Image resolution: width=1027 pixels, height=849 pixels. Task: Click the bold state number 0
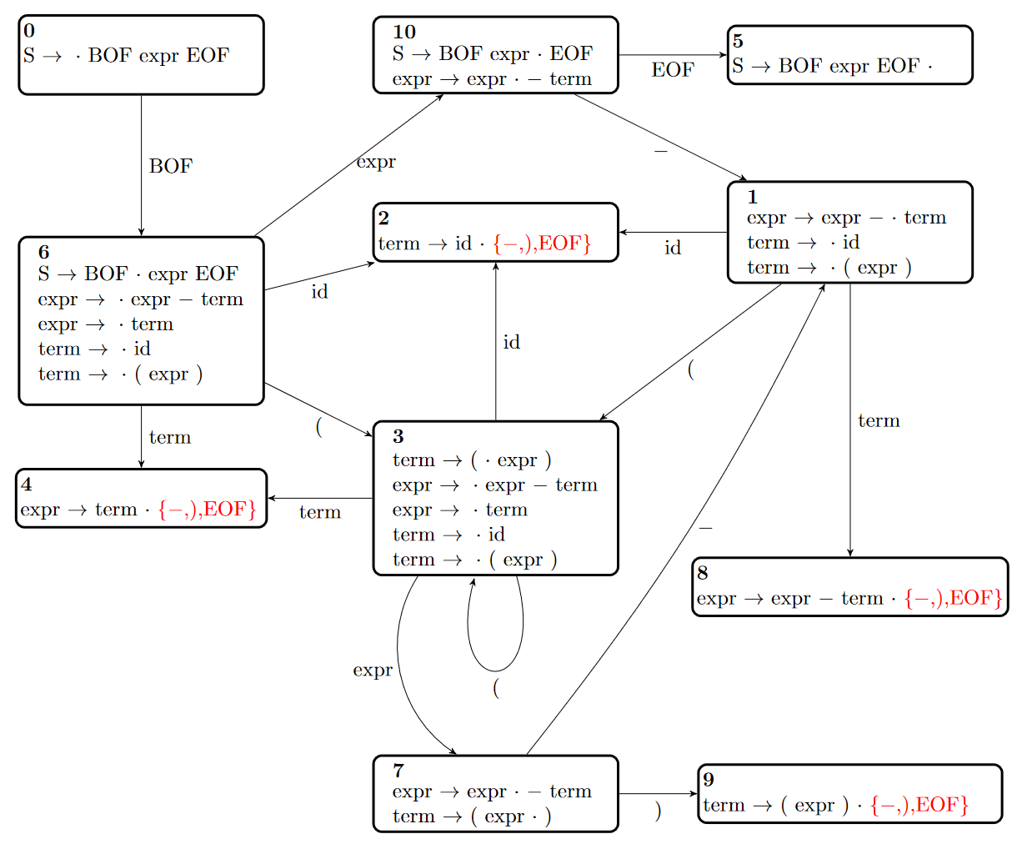(x=29, y=31)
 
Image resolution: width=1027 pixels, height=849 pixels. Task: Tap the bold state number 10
(x=404, y=33)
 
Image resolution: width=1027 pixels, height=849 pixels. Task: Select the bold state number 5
(x=738, y=41)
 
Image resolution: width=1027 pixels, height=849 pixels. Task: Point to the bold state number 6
(x=44, y=252)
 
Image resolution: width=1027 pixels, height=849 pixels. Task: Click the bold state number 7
(x=398, y=771)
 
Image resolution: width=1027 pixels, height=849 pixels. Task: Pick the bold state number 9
(x=709, y=779)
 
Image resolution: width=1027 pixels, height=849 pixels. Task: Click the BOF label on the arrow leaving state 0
(x=171, y=166)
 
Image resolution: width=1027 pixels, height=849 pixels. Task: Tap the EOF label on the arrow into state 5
(x=673, y=69)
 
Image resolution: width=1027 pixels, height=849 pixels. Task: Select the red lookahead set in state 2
(x=542, y=244)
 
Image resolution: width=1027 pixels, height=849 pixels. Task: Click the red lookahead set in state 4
(x=207, y=509)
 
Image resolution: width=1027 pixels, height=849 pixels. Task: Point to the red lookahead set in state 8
(x=954, y=598)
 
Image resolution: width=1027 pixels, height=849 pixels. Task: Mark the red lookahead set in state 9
(x=919, y=805)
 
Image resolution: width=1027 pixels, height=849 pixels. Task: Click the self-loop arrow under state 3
(x=495, y=671)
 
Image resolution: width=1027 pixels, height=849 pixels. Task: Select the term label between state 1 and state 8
(x=879, y=421)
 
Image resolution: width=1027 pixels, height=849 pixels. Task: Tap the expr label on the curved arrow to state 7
(x=373, y=671)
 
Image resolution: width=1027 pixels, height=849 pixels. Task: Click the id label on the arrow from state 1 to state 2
(x=673, y=248)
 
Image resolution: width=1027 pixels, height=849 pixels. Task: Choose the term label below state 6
(x=170, y=437)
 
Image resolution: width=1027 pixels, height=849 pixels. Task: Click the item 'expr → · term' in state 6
(x=106, y=324)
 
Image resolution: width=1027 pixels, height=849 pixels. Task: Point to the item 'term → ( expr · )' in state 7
(x=472, y=816)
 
